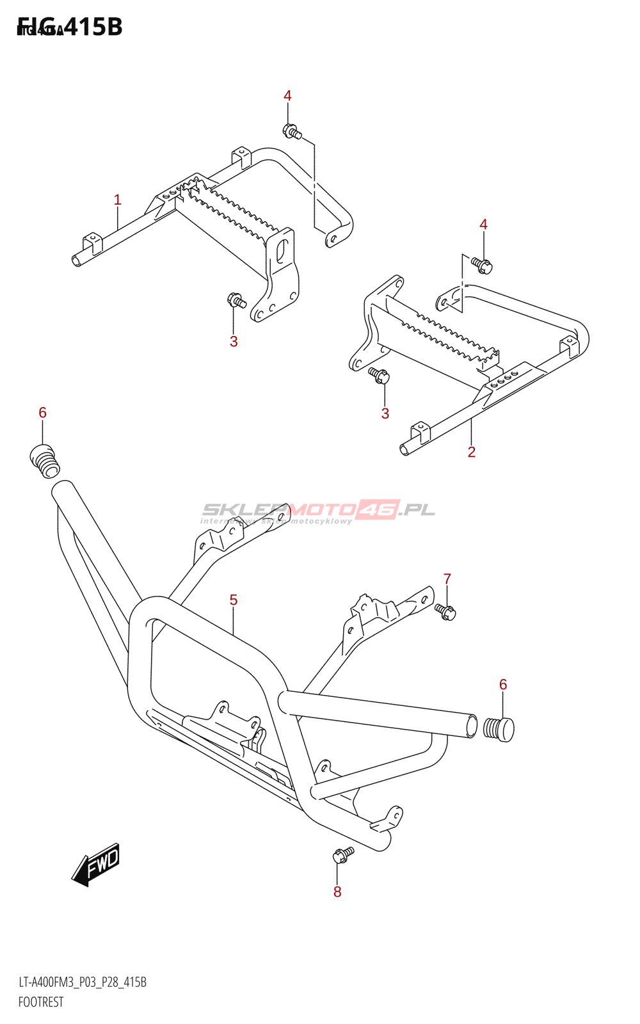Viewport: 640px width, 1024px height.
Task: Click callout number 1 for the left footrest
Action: point(117,200)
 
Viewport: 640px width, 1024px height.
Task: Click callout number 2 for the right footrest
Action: point(472,452)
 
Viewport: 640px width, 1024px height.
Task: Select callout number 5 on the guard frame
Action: point(234,600)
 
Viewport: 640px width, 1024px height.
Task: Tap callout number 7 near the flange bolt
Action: point(447,579)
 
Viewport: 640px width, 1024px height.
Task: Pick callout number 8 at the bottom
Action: point(337,892)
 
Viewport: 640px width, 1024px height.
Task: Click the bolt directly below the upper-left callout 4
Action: point(292,132)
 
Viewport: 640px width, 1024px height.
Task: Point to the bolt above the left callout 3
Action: point(236,300)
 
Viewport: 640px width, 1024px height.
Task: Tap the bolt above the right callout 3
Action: point(380,376)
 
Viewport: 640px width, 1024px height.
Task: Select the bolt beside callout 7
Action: point(445,612)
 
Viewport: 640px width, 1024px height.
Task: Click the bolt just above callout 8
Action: point(342,854)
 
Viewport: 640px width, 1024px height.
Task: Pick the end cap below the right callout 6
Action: point(499,729)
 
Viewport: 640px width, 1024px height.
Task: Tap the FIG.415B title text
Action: point(70,27)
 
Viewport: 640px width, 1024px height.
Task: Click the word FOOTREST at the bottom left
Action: point(41,1002)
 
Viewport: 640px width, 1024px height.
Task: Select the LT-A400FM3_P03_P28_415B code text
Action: point(83,982)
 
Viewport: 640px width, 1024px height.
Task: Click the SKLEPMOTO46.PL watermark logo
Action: point(318,510)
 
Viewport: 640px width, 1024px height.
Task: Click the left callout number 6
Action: point(43,413)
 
